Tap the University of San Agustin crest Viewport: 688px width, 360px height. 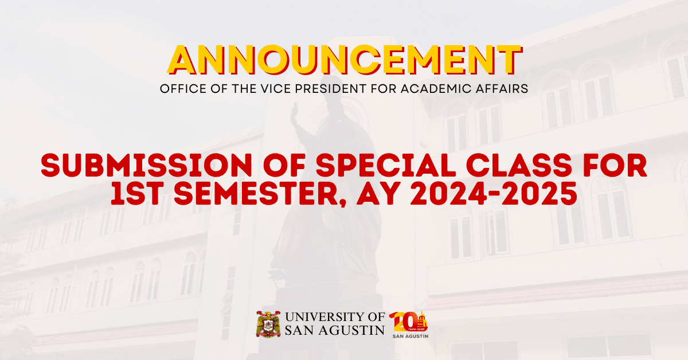pos(268,324)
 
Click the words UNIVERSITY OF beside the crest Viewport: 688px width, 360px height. pos(334,317)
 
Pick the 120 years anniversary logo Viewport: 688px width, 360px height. pos(409,324)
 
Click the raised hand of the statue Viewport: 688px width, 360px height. pos(295,112)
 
